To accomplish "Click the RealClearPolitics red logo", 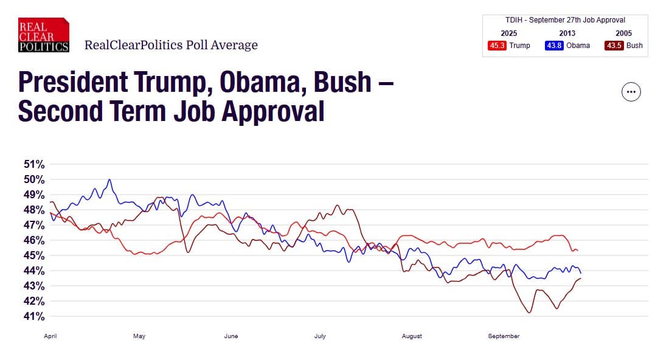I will (x=44, y=35).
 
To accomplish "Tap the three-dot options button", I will (x=631, y=92).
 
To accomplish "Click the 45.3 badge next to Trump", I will (x=496, y=46).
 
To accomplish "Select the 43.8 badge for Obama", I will (x=553, y=46).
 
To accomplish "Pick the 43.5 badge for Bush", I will (x=614, y=46).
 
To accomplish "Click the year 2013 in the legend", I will (x=567, y=33).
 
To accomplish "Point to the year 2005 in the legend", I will (x=623, y=33).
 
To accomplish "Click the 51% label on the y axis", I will (x=34, y=164).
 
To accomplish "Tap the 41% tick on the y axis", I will (x=34, y=316).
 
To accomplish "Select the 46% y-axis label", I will (x=34, y=240).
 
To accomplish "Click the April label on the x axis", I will (x=50, y=336).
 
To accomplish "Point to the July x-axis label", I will (x=320, y=336).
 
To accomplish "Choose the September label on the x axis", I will (x=504, y=336).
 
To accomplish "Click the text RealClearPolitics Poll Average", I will (x=171, y=45).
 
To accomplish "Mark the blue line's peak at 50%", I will (x=109, y=179).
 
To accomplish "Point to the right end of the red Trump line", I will (x=577, y=251).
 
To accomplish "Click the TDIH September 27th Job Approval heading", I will (x=565, y=20).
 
